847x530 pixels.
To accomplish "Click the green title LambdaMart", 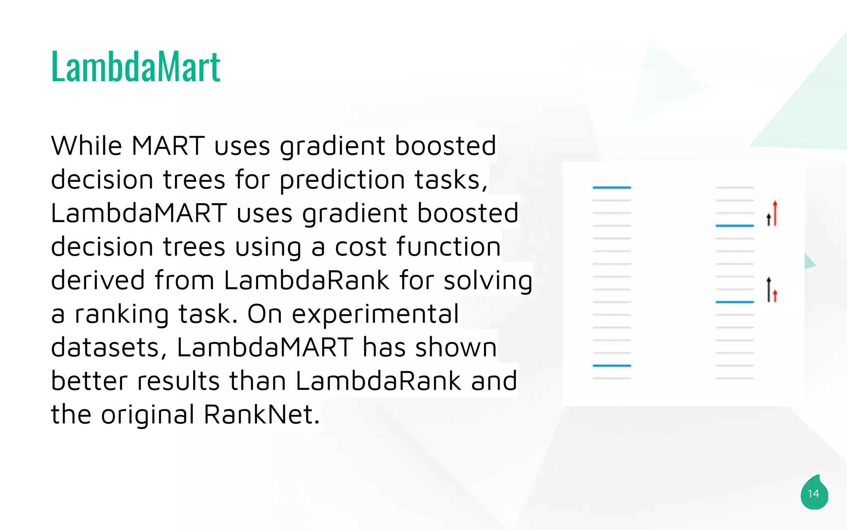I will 136,67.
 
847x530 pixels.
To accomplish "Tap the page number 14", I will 814,494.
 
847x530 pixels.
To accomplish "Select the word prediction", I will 342,180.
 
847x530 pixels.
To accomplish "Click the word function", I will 449,247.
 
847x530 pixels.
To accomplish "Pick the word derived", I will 98,280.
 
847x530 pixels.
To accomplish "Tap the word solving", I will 488,281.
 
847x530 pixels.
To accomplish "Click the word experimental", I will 375,314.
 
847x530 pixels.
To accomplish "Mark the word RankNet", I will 261,414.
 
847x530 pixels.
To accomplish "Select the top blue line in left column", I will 612,188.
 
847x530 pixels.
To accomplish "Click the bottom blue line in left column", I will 612,366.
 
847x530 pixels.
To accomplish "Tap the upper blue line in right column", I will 735,226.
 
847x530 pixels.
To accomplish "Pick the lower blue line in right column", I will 735,302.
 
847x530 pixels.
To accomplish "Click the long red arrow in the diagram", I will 775,214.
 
